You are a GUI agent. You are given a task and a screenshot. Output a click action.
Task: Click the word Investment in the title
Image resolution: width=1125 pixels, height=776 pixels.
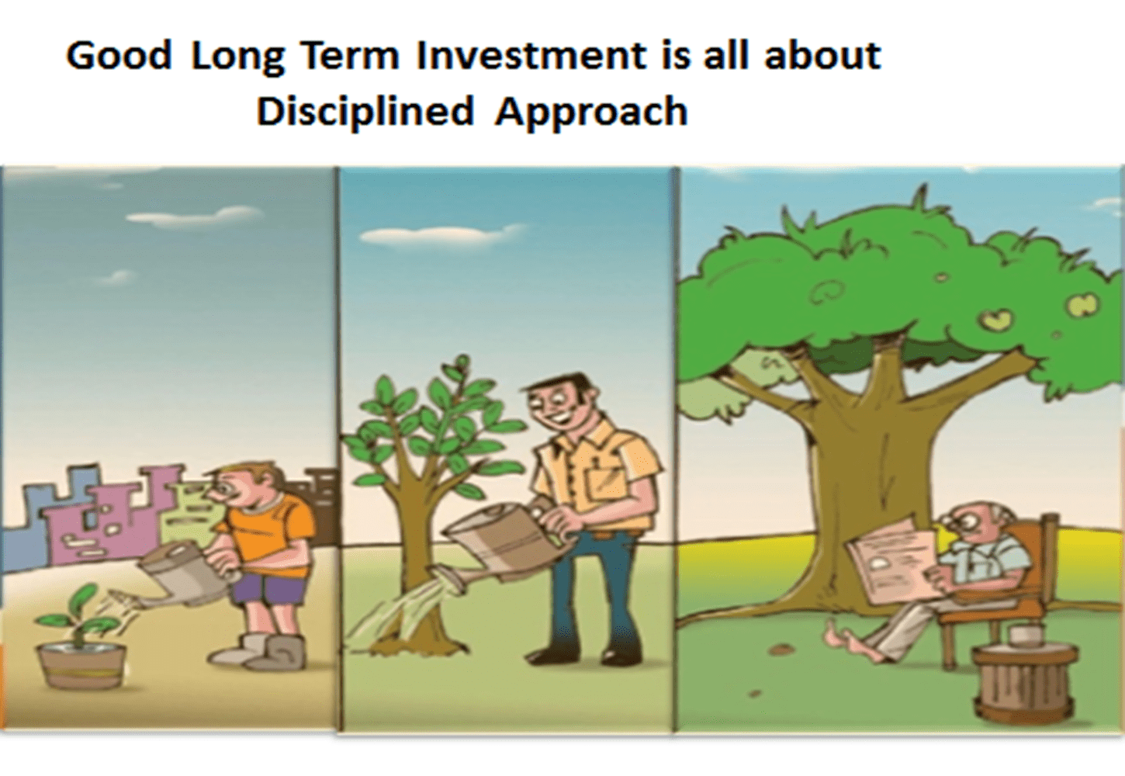point(531,56)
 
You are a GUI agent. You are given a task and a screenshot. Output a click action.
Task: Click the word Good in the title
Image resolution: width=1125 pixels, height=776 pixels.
point(119,56)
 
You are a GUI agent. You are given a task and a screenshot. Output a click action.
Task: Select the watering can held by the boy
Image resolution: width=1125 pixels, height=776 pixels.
point(186,575)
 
